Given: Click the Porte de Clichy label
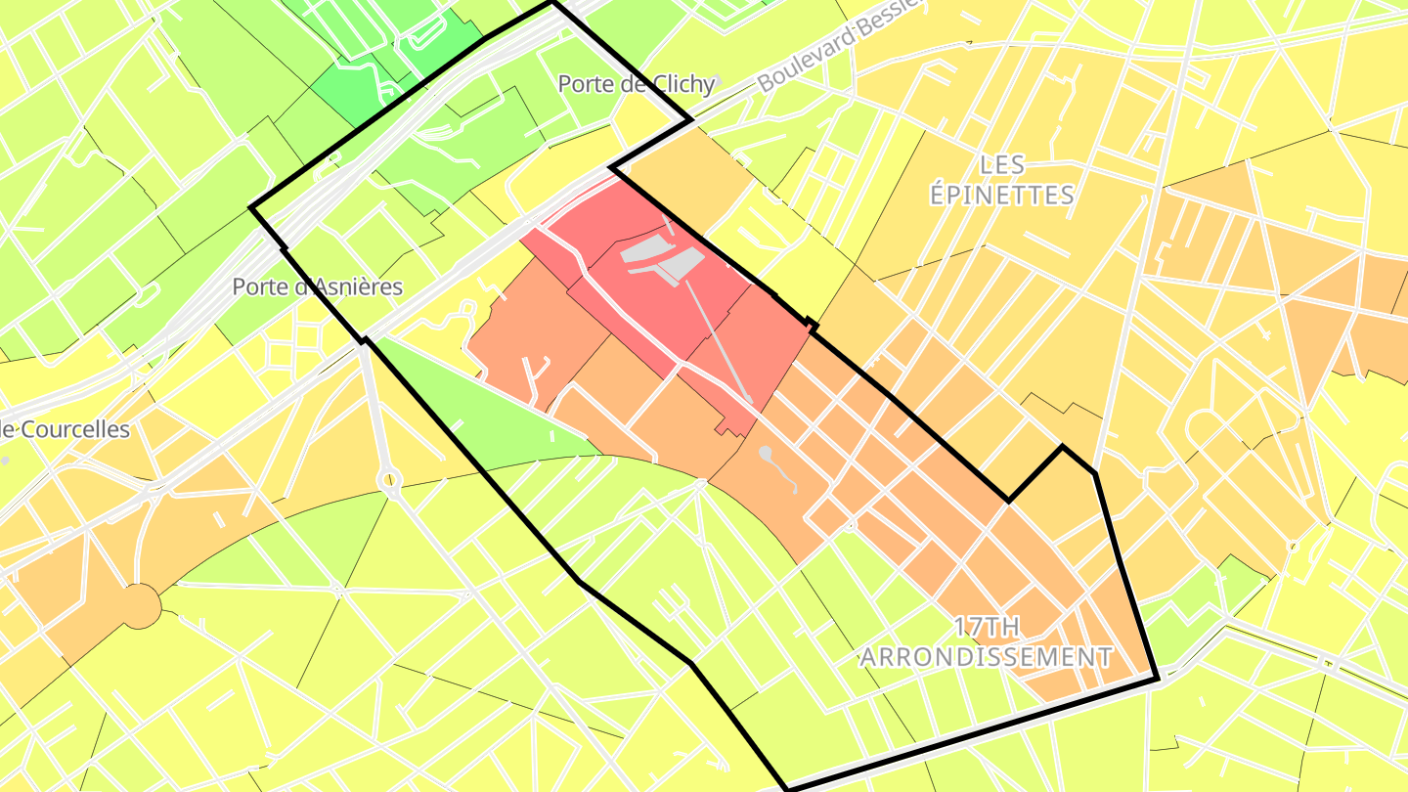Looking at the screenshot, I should coord(637,84).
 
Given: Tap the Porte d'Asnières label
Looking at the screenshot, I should coord(317,286).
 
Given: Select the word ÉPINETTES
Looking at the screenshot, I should coord(1002,195).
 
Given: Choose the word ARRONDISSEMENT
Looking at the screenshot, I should coord(986,656).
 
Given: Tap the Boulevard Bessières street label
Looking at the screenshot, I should coord(839,44).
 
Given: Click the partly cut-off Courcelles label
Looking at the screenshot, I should coord(65,429).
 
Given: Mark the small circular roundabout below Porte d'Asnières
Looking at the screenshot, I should coord(390,480).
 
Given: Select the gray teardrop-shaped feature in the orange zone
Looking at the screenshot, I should coord(766,454).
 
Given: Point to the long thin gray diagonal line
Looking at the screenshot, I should coord(719,342).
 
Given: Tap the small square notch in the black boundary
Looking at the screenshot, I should coord(811,322).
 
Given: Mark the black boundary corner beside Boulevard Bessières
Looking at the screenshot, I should coord(691,120).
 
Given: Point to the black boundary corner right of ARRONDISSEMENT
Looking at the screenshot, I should coord(1158,678).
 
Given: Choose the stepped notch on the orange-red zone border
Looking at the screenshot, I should coord(726,428).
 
